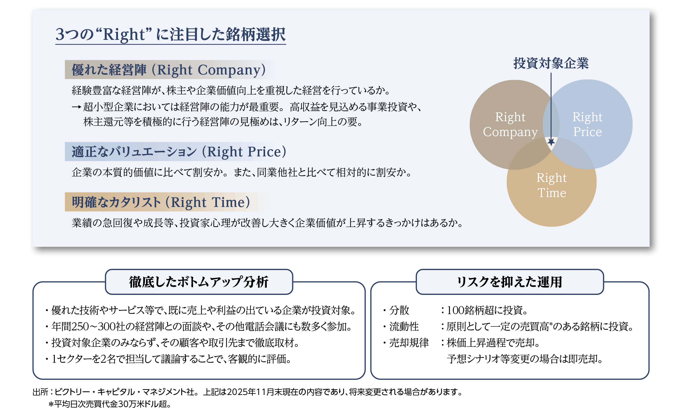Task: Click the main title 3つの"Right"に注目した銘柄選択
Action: click(170, 34)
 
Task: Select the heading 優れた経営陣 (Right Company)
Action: click(168, 70)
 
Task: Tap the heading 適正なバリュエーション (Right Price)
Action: click(178, 152)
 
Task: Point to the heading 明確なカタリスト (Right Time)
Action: click(161, 202)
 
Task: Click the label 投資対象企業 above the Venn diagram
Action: click(551, 63)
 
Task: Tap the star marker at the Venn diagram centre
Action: click(551, 142)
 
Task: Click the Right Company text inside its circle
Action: click(510, 124)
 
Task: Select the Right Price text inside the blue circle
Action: click(587, 124)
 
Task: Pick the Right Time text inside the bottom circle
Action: click(551, 185)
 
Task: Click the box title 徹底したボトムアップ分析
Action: click(199, 282)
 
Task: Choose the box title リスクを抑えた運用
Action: click(509, 282)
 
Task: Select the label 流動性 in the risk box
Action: click(404, 327)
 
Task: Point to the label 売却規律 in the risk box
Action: click(409, 343)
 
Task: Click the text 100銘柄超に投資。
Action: click(487, 310)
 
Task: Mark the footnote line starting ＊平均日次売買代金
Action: click(110, 404)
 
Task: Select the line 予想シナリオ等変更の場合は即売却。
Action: click(524, 359)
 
